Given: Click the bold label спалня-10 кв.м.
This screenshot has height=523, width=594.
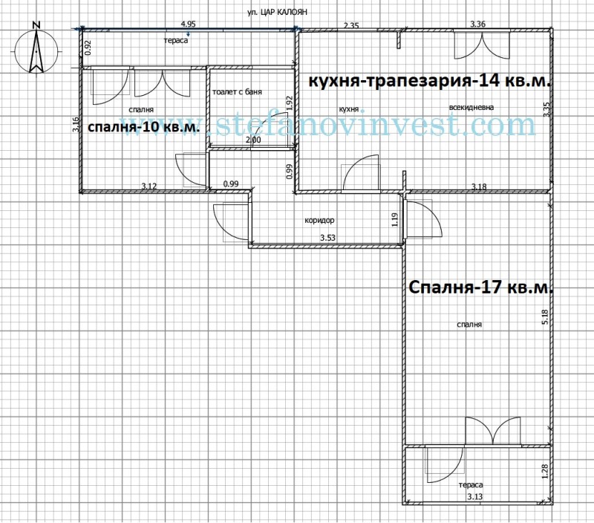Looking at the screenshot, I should click(x=143, y=128).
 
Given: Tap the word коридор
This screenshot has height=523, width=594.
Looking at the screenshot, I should click(x=320, y=221).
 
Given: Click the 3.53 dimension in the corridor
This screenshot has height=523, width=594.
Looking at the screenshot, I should click(x=327, y=238).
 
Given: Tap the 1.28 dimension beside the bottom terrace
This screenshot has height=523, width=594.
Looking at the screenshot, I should click(x=545, y=472).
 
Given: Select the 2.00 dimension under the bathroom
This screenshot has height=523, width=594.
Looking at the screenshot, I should click(x=252, y=140).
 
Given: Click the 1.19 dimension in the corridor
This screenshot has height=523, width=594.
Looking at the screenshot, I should click(x=394, y=219).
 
